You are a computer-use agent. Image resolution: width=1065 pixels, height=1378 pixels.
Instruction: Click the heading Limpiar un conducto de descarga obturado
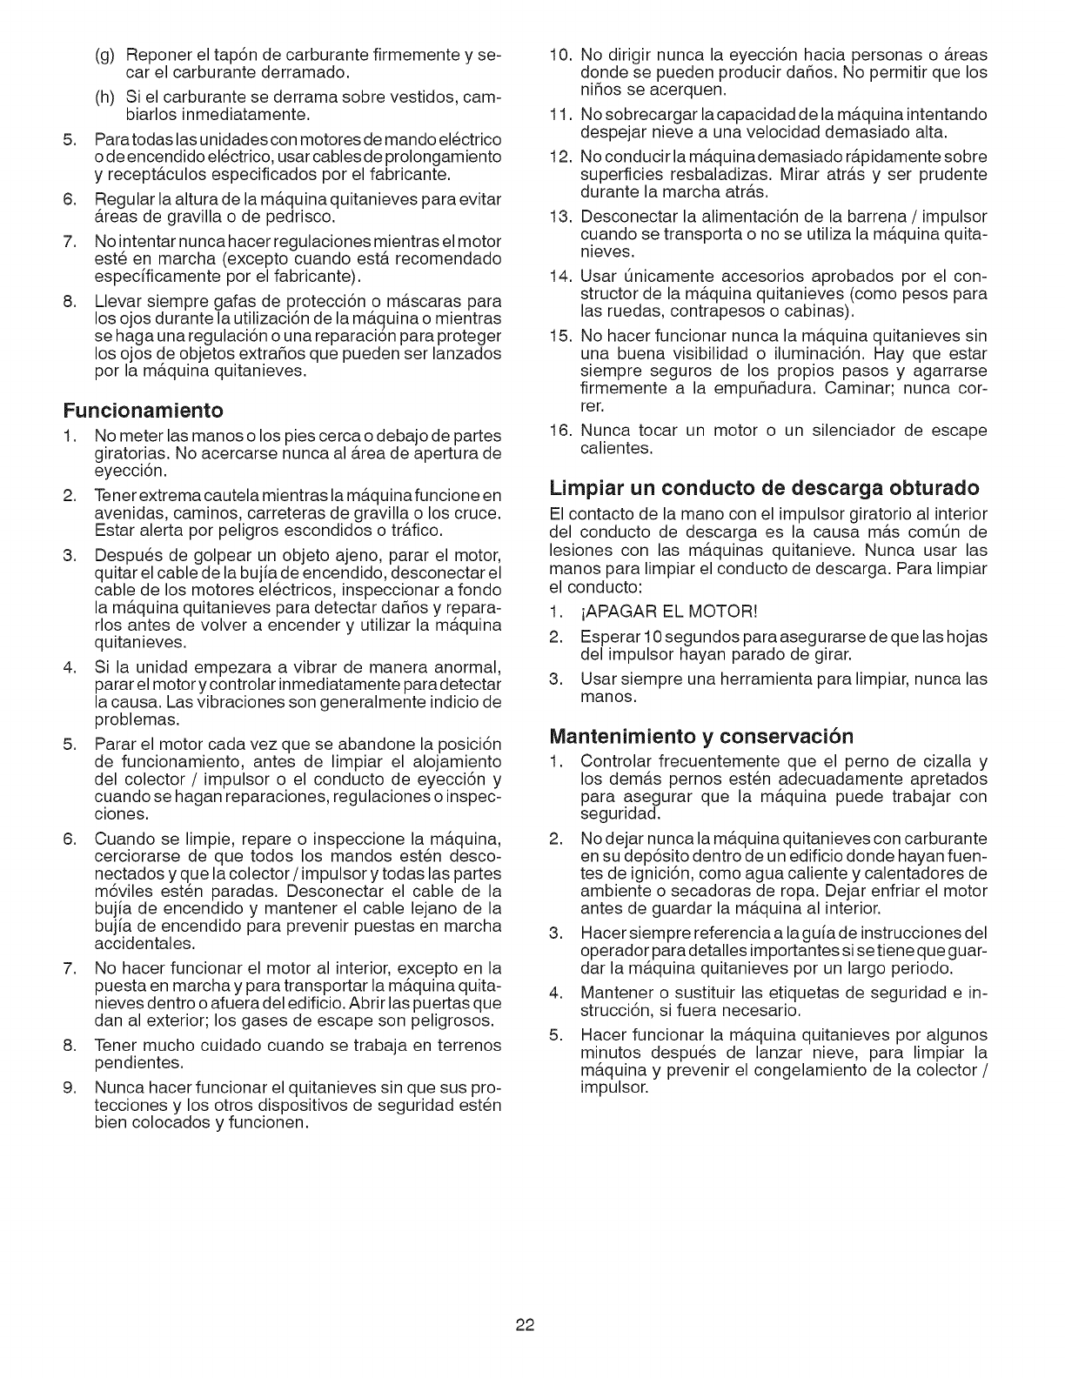pyautogui.click(x=764, y=485)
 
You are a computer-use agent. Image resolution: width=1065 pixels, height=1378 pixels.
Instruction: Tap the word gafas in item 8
pyautogui.click(x=235, y=301)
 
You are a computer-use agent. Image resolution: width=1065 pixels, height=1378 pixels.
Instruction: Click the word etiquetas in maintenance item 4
pyautogui.click(x=810, y=992)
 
